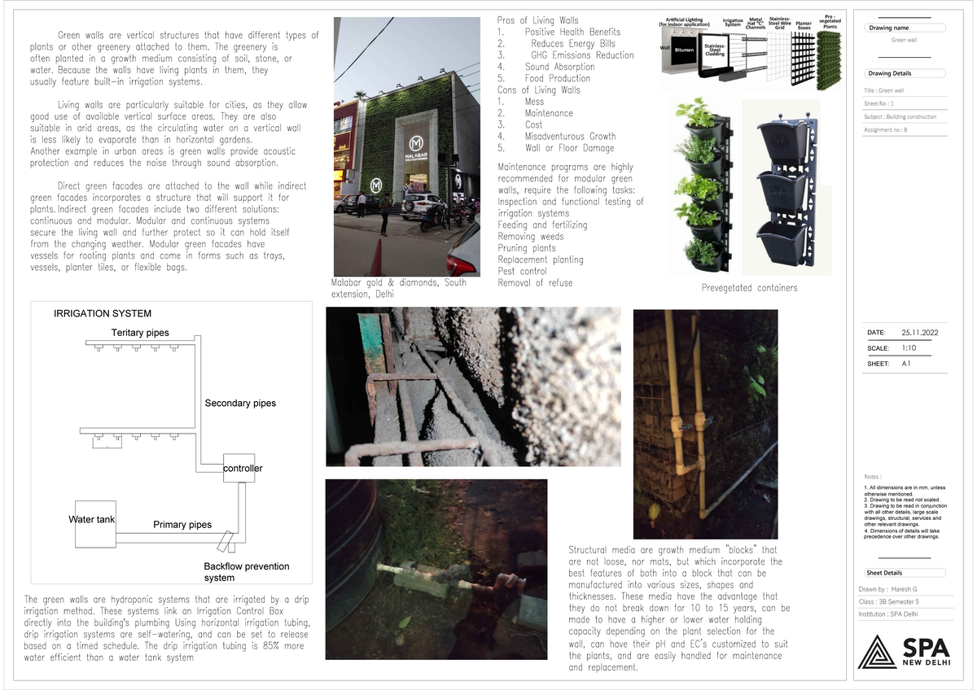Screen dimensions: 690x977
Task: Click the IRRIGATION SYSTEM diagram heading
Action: coord(103,313)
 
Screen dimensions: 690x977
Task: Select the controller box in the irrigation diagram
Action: coord(239,467)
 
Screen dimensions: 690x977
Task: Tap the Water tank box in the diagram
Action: coord(91,518)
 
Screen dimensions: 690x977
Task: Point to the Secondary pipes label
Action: coord(240,403)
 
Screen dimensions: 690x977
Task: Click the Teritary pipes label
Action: coord(140,333)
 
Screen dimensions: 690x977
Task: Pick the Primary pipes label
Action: coord(182,525)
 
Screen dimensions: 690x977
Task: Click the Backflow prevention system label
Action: coord(246,572)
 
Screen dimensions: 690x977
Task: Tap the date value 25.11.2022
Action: coord(919,333)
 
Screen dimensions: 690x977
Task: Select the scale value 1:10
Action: coord(909,348)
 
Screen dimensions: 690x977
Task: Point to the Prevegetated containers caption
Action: coord(749,288)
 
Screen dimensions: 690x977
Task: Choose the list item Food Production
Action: coord(559,79)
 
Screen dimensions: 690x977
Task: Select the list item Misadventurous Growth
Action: coord(570,137)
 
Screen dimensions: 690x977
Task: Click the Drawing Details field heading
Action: coord(894,73)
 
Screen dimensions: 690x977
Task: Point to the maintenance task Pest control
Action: coord(522,271)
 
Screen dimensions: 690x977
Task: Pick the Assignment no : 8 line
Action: coord(885,129)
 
